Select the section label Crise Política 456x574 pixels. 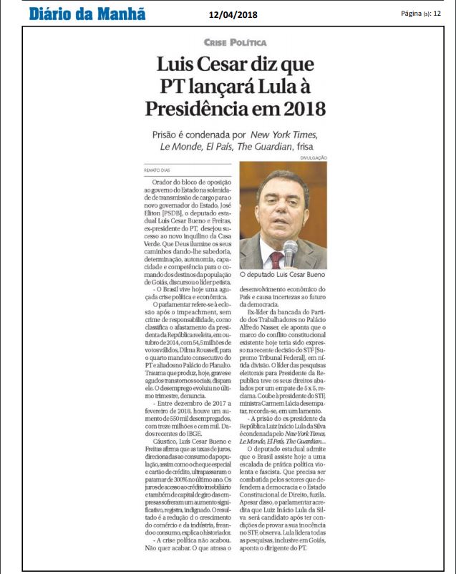click(x=235, y=43)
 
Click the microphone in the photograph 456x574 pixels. click(x=290, y=250)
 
